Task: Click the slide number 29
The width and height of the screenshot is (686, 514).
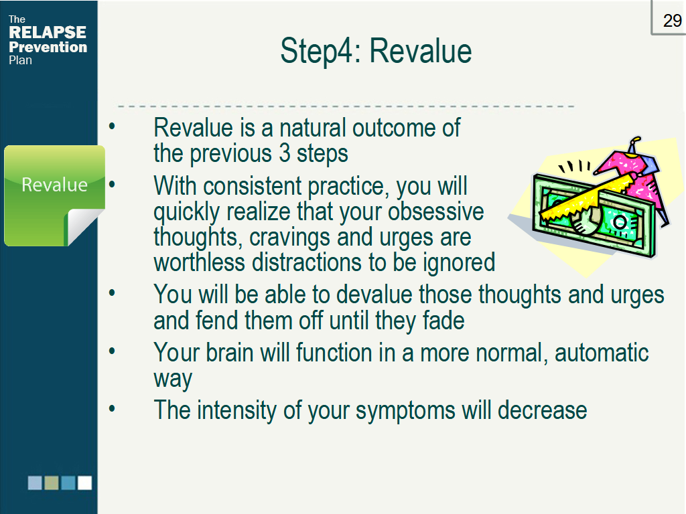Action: (x=672, y=21)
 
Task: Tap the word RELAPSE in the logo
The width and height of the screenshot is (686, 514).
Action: (x=48, y=32)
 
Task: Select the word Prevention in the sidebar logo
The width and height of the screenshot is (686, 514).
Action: (x=48, y=47)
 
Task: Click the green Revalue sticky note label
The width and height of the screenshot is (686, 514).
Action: (x=55, y=185)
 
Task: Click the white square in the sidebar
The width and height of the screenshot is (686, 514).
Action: (x=85, y=483)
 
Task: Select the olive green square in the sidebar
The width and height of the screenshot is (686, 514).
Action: (x=52, y=483)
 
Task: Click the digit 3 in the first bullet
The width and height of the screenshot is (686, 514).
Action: (x=285, y=153)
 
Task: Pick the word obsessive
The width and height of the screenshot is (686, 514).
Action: (x=435, y=211)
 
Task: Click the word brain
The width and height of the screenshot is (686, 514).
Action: (x=230, y=352)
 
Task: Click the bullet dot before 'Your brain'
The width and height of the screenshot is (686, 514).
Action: (x=112, y=351)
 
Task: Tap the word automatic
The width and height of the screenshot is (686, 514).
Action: (x=602, y=352)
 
